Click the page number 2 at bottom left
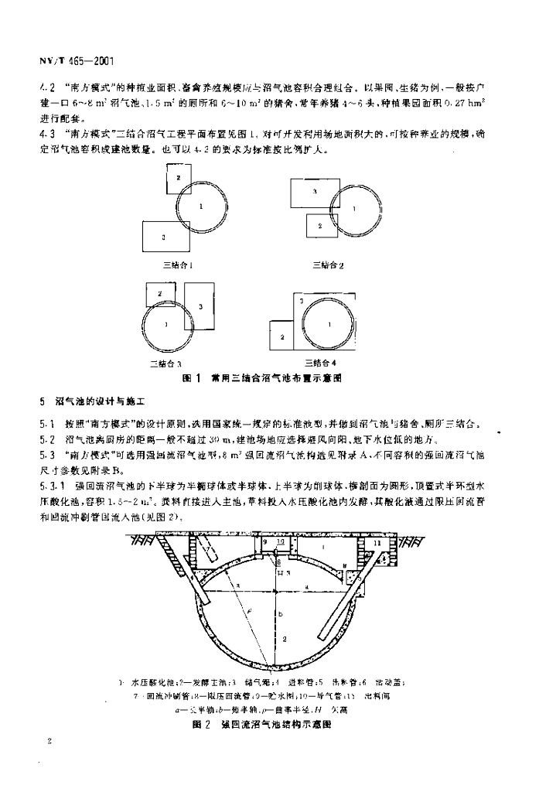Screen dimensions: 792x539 pos(49,741)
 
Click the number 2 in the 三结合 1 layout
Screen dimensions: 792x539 pos(178,178)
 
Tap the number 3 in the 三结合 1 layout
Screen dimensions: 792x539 pos(164,237)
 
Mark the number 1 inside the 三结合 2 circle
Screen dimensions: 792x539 pos(354,209)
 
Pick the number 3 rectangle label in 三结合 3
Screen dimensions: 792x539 pos(200,307)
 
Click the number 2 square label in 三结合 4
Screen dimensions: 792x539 pos(282,337)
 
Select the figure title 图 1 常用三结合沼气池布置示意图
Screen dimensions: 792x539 pos(261,379)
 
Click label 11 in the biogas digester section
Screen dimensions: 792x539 pos(376,544)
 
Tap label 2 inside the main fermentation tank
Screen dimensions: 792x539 pos(285,639)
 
